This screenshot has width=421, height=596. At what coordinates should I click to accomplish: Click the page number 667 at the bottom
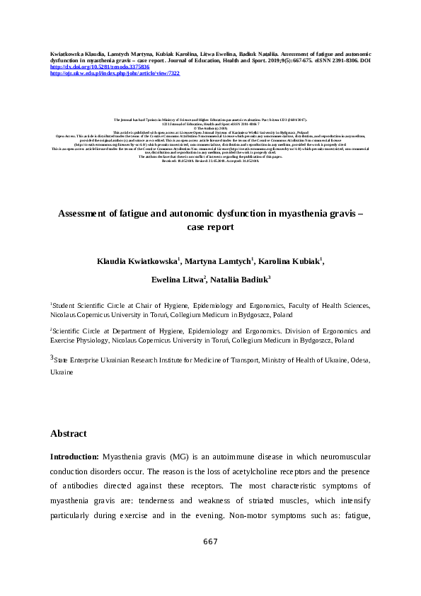(x=210, y=541)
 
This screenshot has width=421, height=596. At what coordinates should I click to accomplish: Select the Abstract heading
(x=69, y=433)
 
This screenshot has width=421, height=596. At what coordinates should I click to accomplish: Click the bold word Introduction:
(x=74, y=458)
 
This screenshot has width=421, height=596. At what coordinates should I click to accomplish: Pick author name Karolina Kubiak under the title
(x=292, y=261)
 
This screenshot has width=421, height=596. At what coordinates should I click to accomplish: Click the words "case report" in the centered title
(x=210, y=228)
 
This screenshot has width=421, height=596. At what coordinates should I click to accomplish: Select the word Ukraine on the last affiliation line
(x=62, y=371)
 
